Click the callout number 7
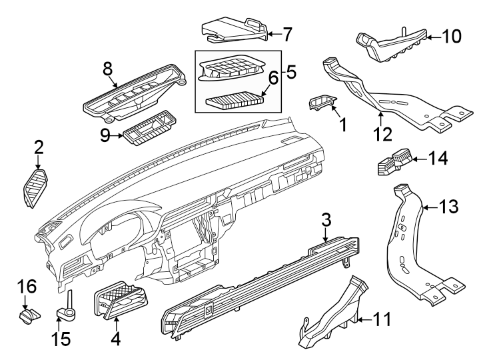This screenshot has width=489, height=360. (x=287, y=32)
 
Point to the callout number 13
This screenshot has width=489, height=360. (x=450, y=207)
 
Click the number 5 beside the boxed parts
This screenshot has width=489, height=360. (x=290, y=71)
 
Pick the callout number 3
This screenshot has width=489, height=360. (x=326, y=219)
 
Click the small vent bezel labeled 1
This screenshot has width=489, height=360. (x=323, y=103)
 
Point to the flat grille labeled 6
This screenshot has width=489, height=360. (x=235, y=102)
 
